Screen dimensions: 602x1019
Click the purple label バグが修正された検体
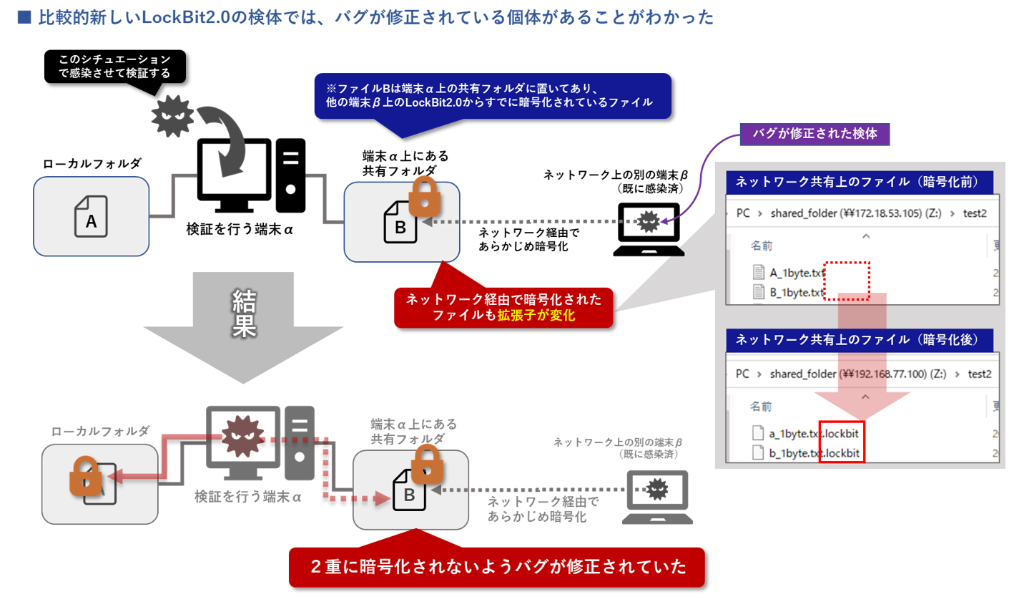pyautogui.click(x=814, y=134)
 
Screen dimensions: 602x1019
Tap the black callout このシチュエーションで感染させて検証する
pyautogui.click(x=114, y=67)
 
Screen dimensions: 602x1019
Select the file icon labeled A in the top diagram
pyautogui.click(x=91, y=217)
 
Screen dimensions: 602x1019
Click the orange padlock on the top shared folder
pyautogui.click(x=424, y=196)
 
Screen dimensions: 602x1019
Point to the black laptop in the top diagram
pyautogui.click(x=649, y=229)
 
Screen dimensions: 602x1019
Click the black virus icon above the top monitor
pyautogui.click(x=172, y=115)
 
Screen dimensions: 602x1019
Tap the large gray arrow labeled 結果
pyautogui.click(x=243, y=322)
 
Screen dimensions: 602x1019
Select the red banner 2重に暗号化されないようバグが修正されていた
pyautogui.click(x=497, y=567)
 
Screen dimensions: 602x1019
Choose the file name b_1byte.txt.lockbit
pyautogui.click(x=814, y=453)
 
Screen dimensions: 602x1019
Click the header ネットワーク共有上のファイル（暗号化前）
pyautogui.click(x=857, y=182)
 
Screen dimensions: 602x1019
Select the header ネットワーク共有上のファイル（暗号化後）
pyautogui.click(x=857, y=339)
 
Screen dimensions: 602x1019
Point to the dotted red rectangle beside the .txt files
pyautogui.click(x=847, y=280)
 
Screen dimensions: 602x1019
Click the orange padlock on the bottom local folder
pyautogui.click(x=86, y=476)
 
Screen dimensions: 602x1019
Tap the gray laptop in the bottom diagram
pyautogui.click(x=656, y=496)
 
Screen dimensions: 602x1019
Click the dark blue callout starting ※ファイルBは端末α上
pyautogui.click(x=493, y=96)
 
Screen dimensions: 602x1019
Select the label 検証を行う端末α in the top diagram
pyautogui.click(x=240, y=230)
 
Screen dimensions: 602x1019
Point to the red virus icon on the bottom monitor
pyautogui.click(x=242, y=436)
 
